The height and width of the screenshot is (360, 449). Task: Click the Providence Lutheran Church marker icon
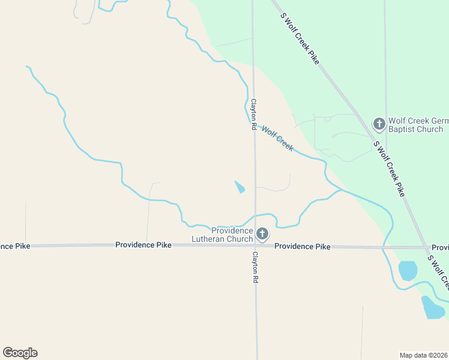point(262,233)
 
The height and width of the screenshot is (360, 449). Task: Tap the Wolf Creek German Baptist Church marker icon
point(379,124)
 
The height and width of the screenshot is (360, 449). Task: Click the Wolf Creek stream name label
point(277,139)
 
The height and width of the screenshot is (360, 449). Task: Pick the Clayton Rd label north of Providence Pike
point(254,115)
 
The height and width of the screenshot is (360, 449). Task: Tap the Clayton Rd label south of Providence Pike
point(255,268)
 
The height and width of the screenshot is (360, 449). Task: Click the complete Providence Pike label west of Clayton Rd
point(143,245)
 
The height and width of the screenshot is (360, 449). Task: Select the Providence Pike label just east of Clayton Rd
point(303,246)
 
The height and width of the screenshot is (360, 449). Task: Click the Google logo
point(20,353)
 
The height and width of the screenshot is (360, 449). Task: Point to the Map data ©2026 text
point(424,355)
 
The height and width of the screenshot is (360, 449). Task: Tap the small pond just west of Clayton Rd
point(240,187)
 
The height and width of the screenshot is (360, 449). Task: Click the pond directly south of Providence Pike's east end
point(408,271)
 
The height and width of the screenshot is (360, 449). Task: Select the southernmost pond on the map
point(433,308)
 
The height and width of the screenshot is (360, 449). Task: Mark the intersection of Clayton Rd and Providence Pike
point(255,246)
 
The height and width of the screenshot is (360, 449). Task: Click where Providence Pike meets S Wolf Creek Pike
point(426,247)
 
